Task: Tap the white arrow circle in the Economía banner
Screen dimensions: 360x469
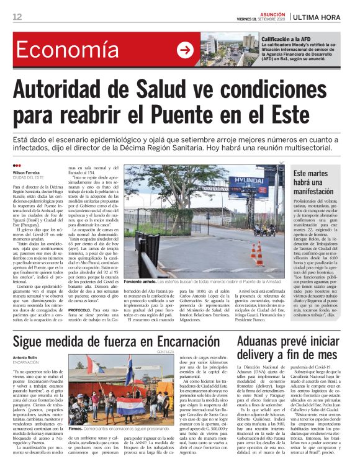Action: [x=185, y=50]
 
